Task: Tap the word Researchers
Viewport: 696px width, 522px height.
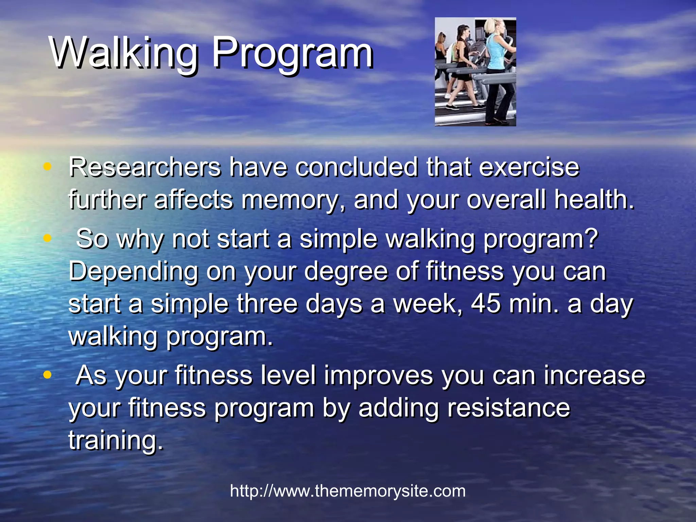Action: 145,167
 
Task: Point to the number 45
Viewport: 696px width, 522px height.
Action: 486,303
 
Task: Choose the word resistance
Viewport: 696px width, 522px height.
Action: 508,408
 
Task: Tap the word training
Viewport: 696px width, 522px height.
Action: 116,440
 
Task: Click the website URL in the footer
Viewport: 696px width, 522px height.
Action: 348,491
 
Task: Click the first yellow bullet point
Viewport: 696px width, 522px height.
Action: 48,167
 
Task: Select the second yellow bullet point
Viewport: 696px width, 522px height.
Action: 48,238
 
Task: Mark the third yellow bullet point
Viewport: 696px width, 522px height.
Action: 48,375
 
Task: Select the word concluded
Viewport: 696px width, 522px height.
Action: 356,167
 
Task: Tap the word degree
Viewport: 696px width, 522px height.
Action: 346,272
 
